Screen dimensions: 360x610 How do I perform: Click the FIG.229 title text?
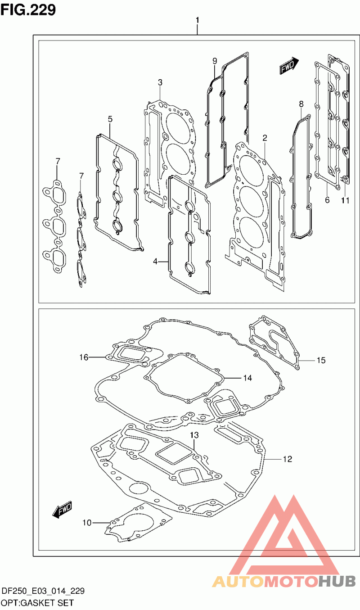pos(28,9)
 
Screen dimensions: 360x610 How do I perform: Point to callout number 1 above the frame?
pos(197,20)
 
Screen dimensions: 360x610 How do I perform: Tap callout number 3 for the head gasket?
pos(160,82)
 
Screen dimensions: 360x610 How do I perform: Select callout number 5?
pos(110,119)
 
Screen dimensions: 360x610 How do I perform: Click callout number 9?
pos(215,61)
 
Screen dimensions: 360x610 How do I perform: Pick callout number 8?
pos(301,104)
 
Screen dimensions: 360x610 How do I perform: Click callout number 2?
pos(265,138)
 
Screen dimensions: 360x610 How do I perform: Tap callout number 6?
pos(327,200)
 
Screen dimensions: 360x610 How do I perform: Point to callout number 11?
pos(345,201)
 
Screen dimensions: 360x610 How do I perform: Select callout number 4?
pos(155,262)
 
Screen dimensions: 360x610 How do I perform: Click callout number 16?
pos(84,357)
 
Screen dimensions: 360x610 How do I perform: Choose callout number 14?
pos(247,378)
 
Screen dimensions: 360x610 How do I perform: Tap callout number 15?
pos(321,361)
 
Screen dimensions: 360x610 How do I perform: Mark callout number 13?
pos(194,435)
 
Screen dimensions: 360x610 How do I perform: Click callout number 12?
pos(288,459)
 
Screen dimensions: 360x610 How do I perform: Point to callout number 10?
pos(87,523)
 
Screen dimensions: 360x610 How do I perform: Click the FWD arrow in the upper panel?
pos(289,66)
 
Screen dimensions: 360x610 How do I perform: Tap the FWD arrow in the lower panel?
pos(62,509)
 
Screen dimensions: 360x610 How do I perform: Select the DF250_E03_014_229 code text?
pos(43,591)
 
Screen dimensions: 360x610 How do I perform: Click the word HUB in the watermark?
pos(337,581)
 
